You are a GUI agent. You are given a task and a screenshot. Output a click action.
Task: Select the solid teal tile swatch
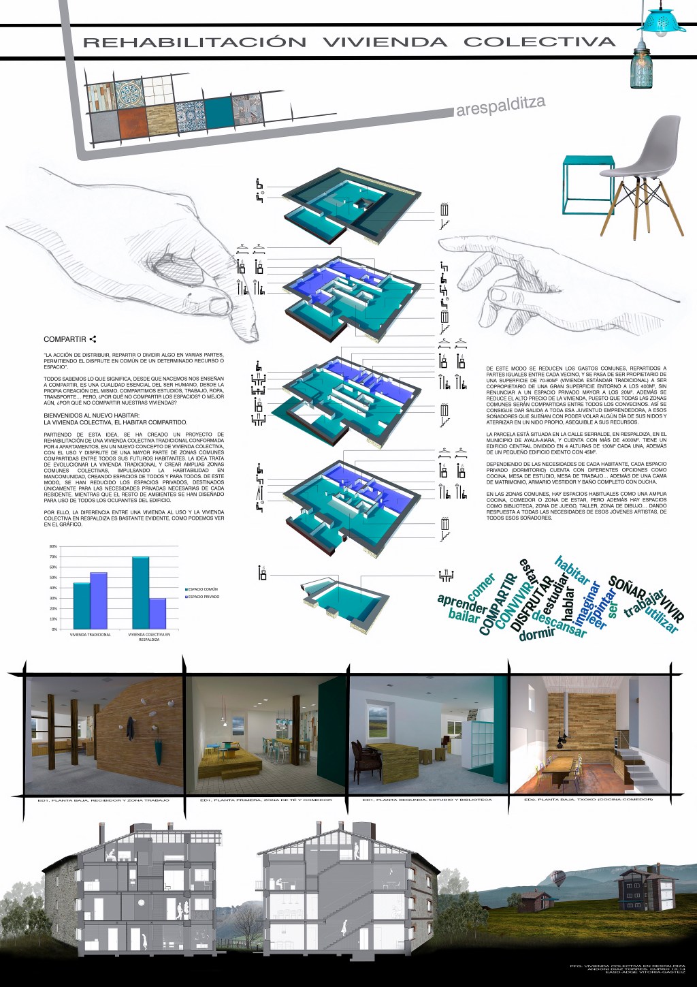pos(218,113)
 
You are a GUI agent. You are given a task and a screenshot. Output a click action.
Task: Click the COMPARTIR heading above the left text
pos(65,339)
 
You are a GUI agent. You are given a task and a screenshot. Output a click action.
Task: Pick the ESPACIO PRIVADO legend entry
pos(205,597)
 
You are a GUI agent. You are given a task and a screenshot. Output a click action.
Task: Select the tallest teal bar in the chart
pos(140,592)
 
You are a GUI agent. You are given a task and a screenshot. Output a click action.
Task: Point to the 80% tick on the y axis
pos(53,547)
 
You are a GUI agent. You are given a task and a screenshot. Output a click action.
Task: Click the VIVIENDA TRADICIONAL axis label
pos(90,634)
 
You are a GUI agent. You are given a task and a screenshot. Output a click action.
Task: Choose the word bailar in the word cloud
pos(464,616)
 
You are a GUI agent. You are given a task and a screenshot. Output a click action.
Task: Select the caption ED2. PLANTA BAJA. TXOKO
pos(589,799)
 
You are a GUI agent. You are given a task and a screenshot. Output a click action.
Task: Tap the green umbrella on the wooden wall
pos(158,749)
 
